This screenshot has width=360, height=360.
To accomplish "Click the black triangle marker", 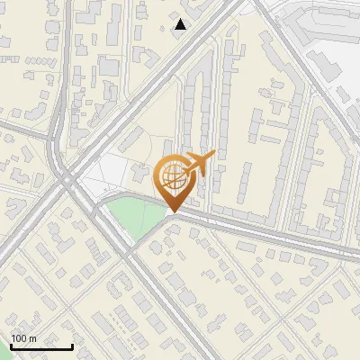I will point(181,24).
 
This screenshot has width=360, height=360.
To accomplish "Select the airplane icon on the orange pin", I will point(199,163).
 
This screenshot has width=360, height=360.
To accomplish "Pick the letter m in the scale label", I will point(33,338).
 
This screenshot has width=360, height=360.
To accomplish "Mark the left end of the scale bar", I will point(11,346).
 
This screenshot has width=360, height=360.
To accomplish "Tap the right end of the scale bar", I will point(72,346).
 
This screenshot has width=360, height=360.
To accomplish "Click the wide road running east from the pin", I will point(270,230).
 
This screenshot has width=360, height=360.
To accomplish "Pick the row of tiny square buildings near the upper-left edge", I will point(36,59).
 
